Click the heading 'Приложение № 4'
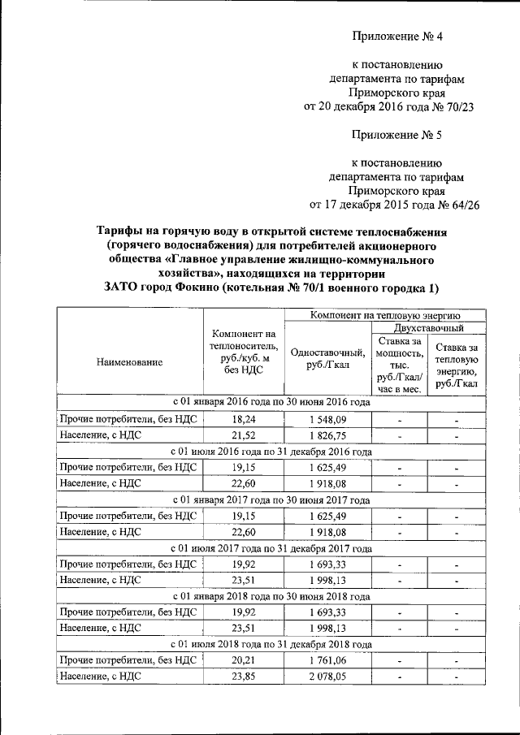[397, 36]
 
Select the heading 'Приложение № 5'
[397, 133]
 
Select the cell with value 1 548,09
[327, 419]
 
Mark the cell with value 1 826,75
[327, 436]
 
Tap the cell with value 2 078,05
[327, 678]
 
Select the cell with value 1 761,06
[327, 661]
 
